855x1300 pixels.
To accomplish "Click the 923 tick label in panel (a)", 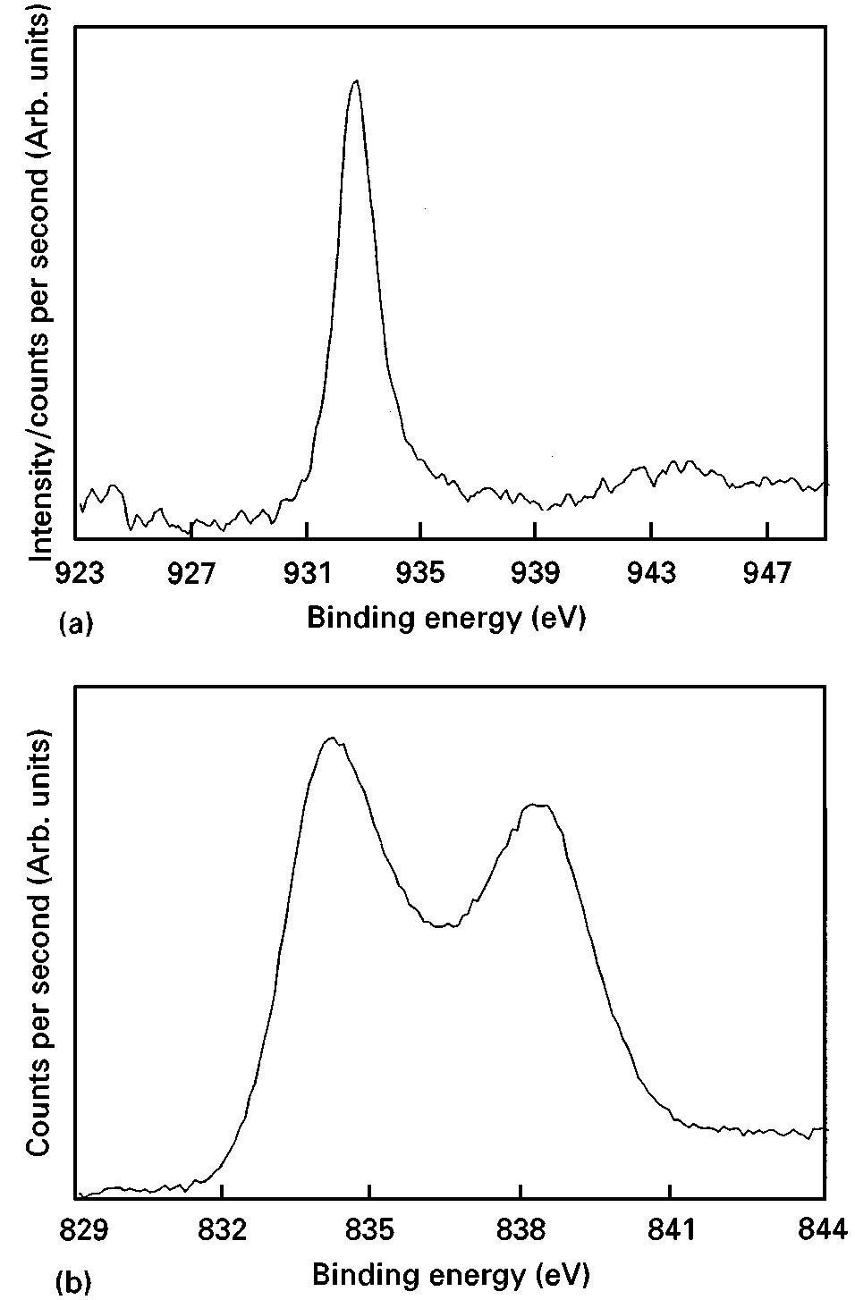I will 76,572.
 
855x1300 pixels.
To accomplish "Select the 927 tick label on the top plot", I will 191,572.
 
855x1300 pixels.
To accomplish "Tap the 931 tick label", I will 307,572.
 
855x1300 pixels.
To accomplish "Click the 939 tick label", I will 535,572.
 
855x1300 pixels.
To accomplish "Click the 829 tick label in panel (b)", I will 77,1230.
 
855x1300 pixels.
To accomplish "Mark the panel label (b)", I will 74,1282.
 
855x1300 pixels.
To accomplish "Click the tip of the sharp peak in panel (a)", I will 356,80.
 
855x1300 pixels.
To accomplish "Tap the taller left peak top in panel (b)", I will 332,738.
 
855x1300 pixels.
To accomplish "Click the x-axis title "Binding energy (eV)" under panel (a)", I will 445,618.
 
